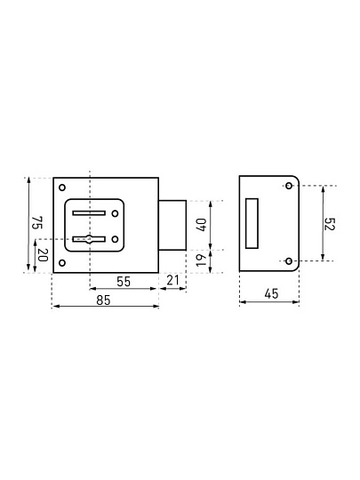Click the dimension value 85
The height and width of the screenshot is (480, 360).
click(x=103, y=300)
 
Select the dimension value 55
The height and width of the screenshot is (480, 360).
click(x=124, y=282)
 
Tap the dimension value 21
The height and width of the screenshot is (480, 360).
click(x=172, y=280)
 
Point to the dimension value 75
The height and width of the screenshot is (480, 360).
click(x=37, y=222)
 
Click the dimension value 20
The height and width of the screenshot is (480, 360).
click(x=44, y=255)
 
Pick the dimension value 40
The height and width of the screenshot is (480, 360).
click(x=201, y=225)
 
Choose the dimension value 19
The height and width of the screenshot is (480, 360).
click(x=201, y=260)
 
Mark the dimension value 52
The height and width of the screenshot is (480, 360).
click(x=330, y=224)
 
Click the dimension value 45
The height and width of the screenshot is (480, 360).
click(x=271, y=294)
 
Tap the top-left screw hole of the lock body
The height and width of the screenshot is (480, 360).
click(x=62, y=188)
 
